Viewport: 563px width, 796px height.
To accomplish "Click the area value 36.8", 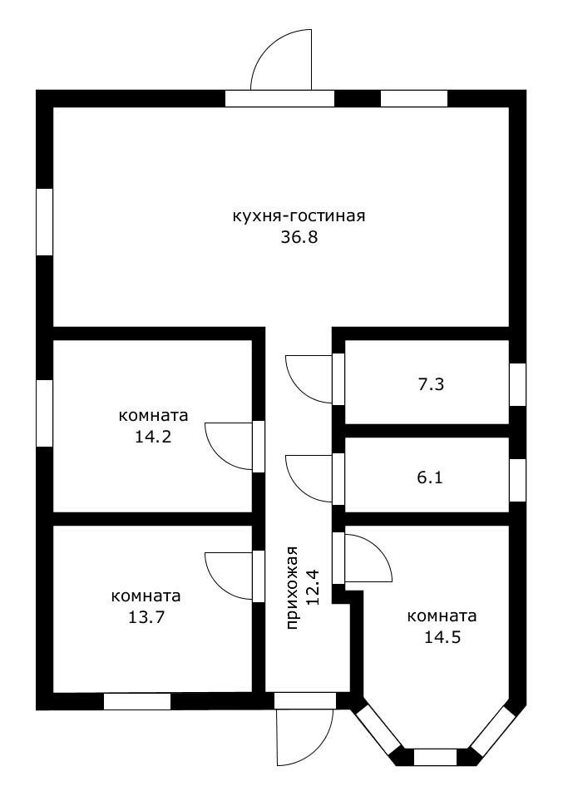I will pyautogui.click(x=300, y=237).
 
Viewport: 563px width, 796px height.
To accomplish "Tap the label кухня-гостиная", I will pyautogui.click(x=299, y=216).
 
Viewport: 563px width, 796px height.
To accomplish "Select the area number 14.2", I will pyautogui.click(x=153, y=435).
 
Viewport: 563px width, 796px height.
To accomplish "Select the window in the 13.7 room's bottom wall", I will pyautogui.click(x=136, y=701).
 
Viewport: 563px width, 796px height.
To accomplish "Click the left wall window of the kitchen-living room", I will pyautogui.click(x=44, y=221).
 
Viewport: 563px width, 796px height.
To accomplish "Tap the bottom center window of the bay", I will pyautogui.click(x=435, y=757).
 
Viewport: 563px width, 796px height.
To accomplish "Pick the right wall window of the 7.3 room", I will pyautogui.click(x=517, y=384).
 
